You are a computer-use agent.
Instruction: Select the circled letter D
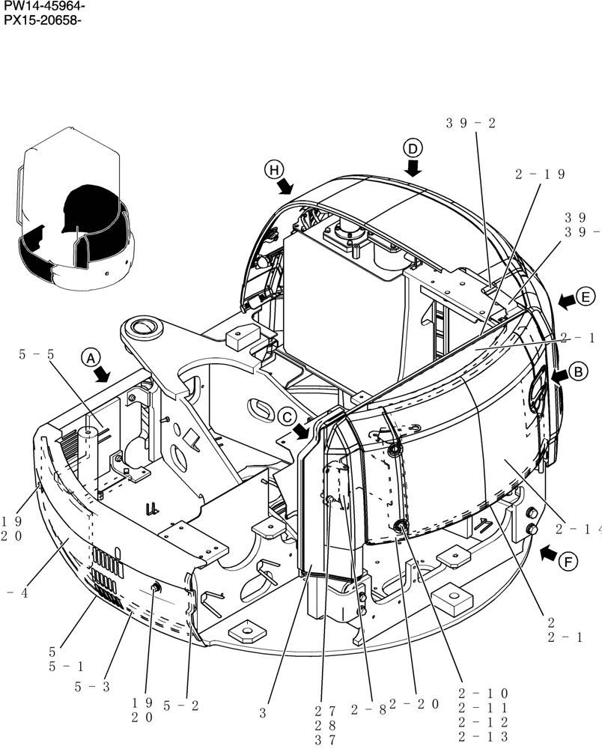(413, 147)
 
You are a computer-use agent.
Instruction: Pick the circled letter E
(586, 294)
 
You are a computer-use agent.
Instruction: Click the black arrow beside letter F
(548, 554)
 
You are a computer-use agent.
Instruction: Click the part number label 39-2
(471, 124)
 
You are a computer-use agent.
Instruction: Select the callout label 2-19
(540, 175)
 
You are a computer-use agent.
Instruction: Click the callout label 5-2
(180, 705)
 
